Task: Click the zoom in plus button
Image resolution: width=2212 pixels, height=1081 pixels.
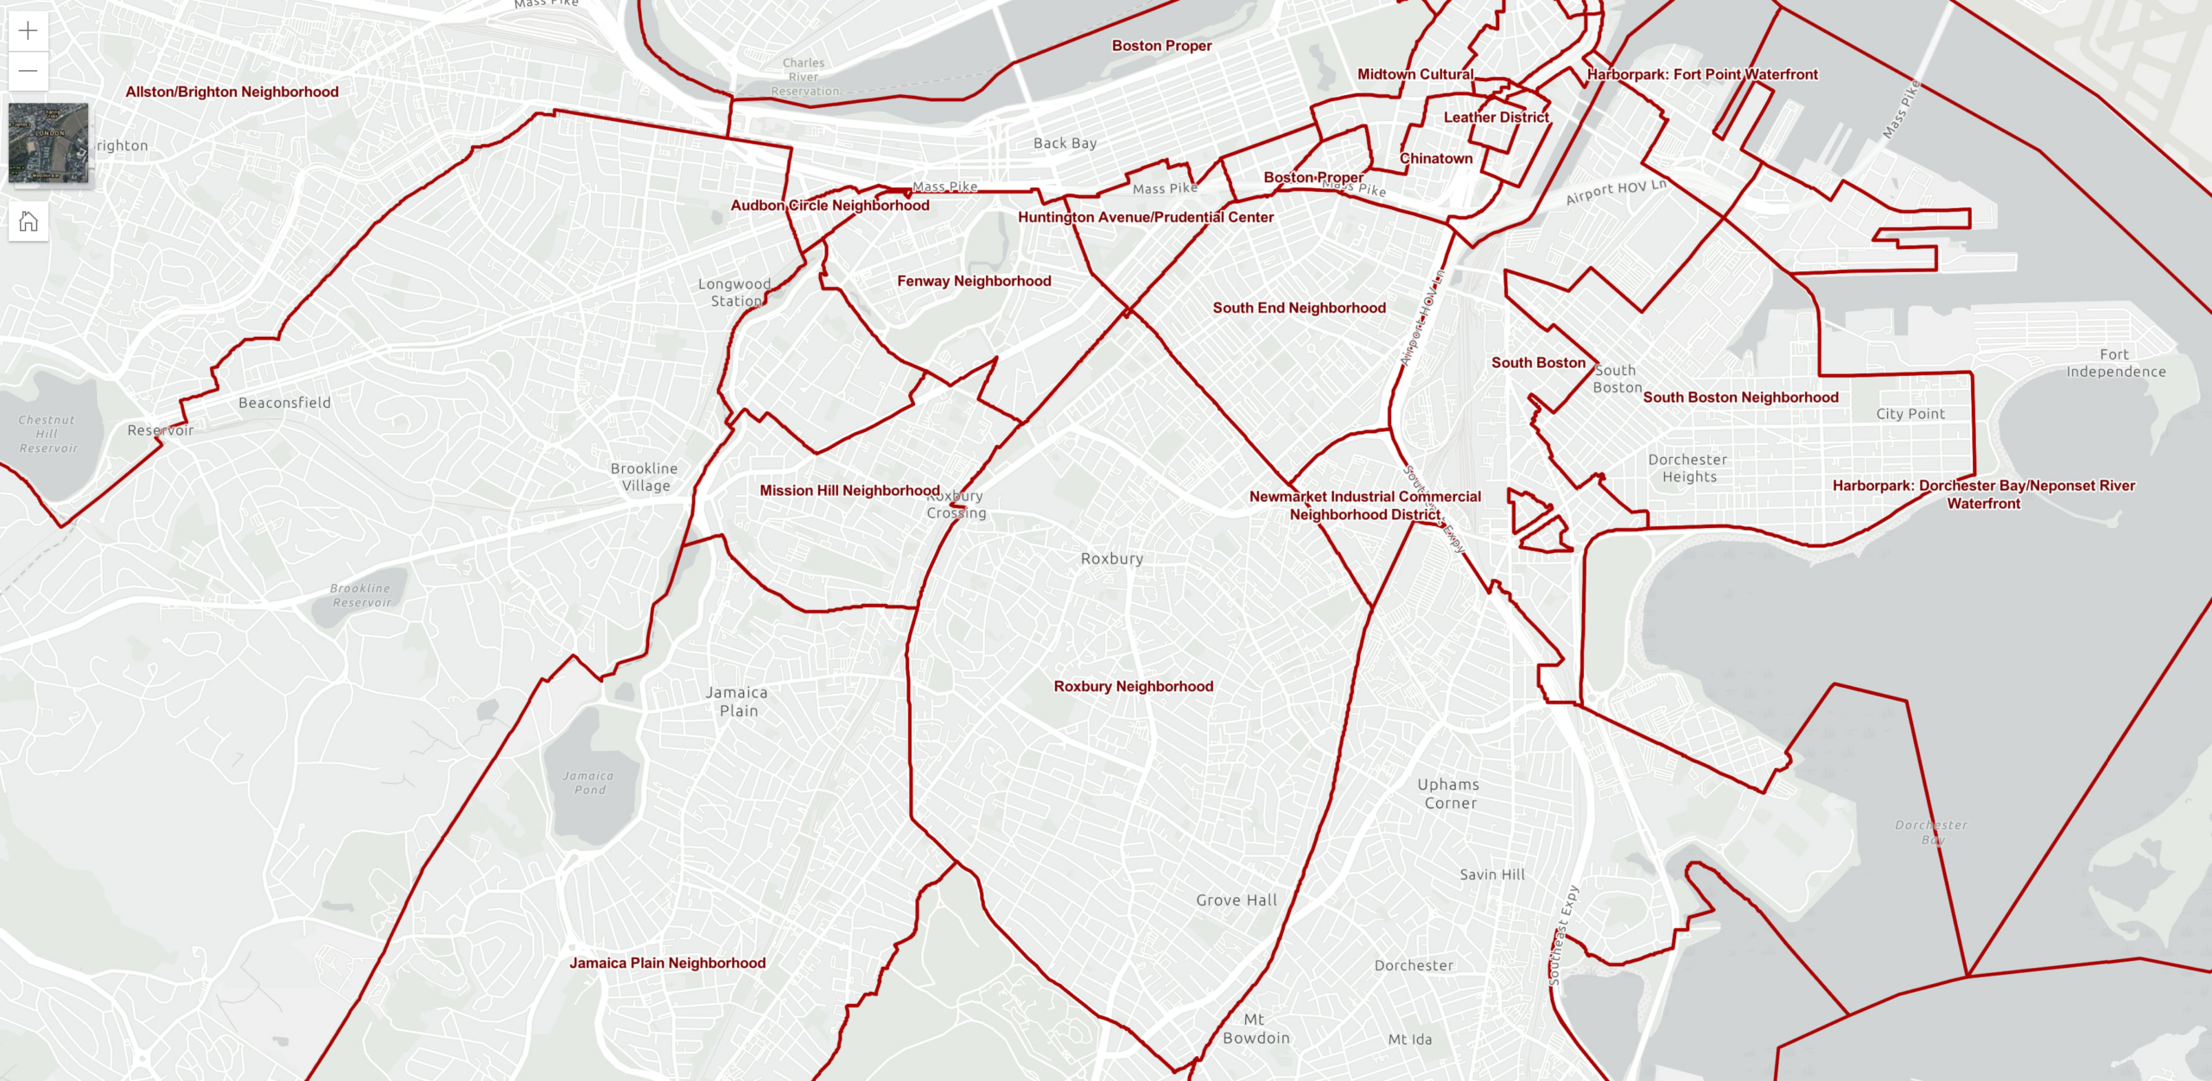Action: pyautogui.click(x=28, y=31)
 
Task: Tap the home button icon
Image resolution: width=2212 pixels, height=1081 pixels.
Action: pyautogui.click(x=28, y=222)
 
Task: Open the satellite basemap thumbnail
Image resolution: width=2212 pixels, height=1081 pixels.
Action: pyautogui.click(x=48, y=143)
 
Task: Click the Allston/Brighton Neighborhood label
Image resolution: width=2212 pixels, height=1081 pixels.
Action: pyautogui.click(x=232, y=92)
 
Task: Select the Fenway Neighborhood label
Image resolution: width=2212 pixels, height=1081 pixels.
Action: pyautogui.click(x=974, y=281)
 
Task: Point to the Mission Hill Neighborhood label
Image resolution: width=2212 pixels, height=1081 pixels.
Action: pyautogui.click(x=849, y=490)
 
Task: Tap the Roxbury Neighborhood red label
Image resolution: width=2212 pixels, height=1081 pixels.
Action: pyautogui.click(x=1133, y=686)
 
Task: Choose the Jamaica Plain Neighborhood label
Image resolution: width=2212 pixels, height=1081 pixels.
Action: pyautogui.click(x=667, y=963)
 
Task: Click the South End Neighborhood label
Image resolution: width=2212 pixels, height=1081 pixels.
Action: pyautogui.click(x=1299, y=308)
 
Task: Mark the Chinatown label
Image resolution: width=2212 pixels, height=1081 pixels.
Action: pyautogui.click(x=1435, y=158)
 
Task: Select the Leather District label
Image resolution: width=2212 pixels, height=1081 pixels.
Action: pyautogui.click(x=1496, y=117)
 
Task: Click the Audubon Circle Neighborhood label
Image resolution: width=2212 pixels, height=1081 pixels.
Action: pyautogui.click(x=829, y=205)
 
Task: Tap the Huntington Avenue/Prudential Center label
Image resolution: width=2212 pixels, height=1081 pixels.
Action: pyautogui.click(x=1145, y=217)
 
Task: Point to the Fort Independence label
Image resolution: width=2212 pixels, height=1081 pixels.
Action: pyautogui.click(x=2115, y=363)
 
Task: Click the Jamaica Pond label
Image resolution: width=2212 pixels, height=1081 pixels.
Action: pyautogui.click(x=588, y=783)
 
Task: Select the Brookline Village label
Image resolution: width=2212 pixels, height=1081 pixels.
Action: pyautogui.click(x=645, y=477)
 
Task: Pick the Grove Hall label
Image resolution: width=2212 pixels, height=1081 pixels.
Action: pyautogui.click(x=1236, y=900)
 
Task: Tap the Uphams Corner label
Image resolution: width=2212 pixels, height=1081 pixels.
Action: pyautogui.click(x=1449, y=793)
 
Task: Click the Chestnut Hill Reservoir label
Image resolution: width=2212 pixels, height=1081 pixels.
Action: pyautogui.click(x=48, y=434)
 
